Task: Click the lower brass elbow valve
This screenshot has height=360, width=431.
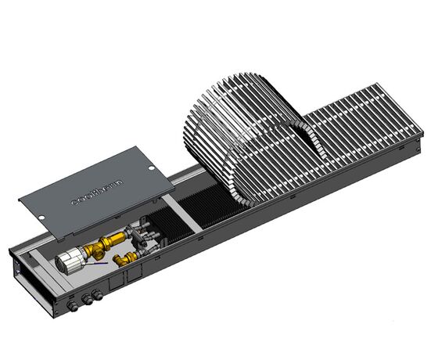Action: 123,257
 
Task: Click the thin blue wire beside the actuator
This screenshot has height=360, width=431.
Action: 99,265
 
